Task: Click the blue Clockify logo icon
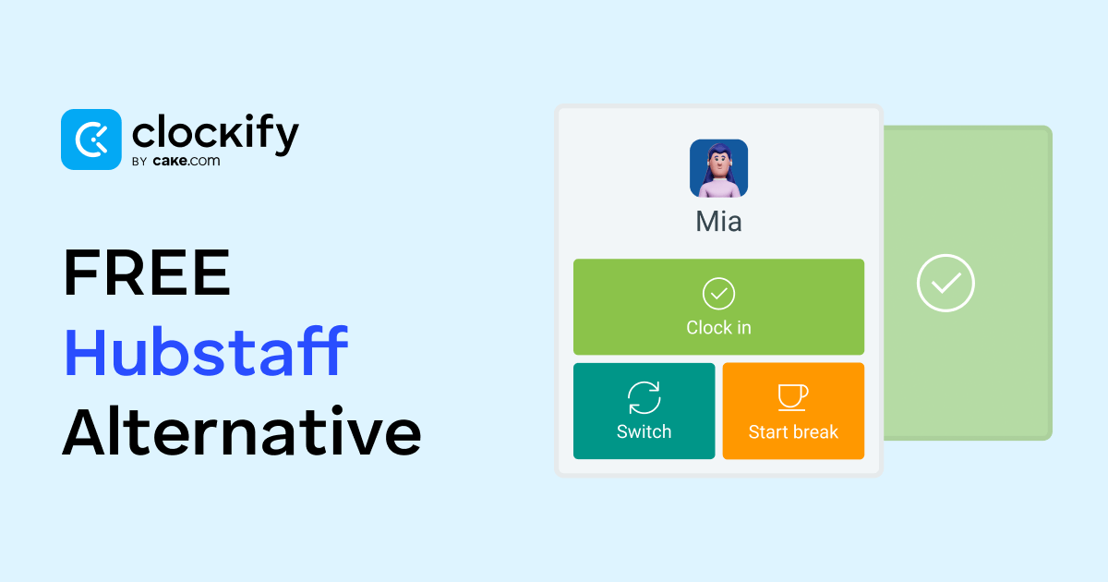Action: (x=91, y=139)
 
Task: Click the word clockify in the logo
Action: (x=216, y=134)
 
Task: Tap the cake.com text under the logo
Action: (x=187, y=162)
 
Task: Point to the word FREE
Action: (x=147, y=273)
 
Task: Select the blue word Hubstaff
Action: (x=206, y=351)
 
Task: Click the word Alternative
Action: (x=242, y=431)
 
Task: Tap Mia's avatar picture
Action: (x=718, y=168)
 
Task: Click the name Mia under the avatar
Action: (x=718, y=221)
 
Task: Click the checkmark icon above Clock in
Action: (x=718, y=294)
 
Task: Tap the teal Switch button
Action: (x=644, y=411)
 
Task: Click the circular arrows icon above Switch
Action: (x=644, y=397)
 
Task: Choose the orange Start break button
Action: (x=793, y=411)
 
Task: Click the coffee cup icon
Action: (x=793, y=397)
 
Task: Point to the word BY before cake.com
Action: (x=139, y=162)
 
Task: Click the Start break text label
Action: (x=793, y=432)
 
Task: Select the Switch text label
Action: (x=644, y=432)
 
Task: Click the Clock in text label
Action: (x=718, y=328)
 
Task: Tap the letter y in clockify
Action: (x=285, y=139)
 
